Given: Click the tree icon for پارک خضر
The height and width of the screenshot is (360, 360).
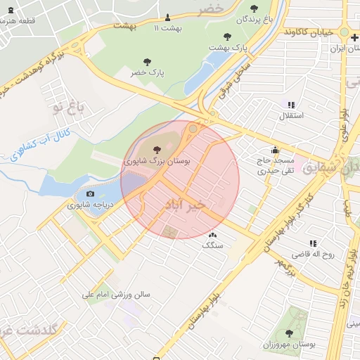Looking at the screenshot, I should pos(146,62).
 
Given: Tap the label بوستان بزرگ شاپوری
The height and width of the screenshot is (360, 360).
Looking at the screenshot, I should pos(157,160).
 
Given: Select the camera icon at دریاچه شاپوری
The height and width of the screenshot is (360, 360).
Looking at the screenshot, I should pos(90,194).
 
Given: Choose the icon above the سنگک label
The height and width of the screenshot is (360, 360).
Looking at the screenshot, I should pos(212,235).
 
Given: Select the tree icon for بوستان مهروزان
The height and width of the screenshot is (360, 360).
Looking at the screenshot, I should pos(289,333).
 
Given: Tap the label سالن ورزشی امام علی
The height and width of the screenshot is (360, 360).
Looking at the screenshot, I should pos(116,295).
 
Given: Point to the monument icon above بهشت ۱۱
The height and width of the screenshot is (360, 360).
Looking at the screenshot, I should pos(167,18).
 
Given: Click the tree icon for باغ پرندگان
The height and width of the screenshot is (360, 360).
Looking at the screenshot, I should pos(254,8).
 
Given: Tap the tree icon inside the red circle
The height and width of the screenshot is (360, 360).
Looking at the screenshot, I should pos(156,149).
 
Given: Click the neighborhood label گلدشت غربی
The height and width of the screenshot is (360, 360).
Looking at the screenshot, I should pos(28,329).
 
